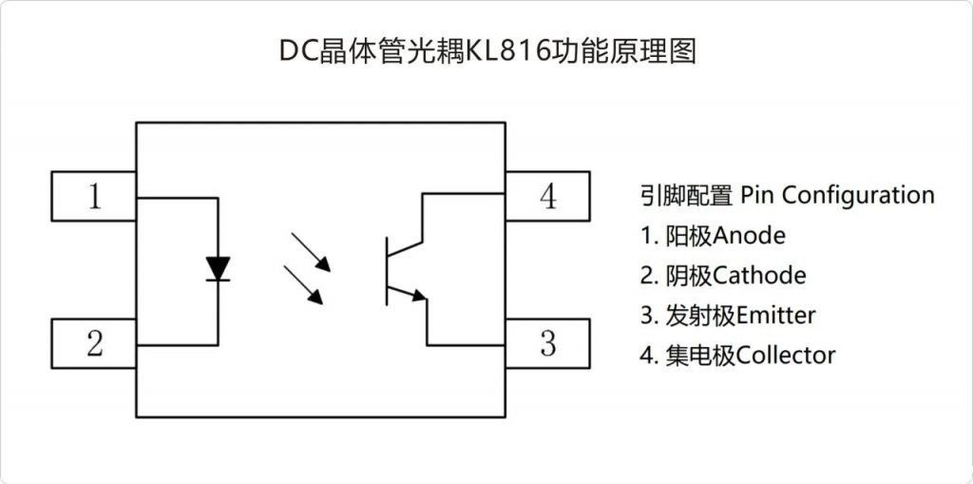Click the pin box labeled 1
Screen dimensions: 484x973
[93, 195]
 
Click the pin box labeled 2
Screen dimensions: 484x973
[93, 343]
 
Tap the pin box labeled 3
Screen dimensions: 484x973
[547, 343]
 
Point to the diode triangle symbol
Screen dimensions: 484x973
[219, 268]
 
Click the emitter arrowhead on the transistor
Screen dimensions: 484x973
[419, 297]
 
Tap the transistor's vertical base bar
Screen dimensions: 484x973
[387, 271]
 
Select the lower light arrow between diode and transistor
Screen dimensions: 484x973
[306, 285]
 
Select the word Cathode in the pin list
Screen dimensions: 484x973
[759, 276]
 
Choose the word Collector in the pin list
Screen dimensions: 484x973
[786, 356]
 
